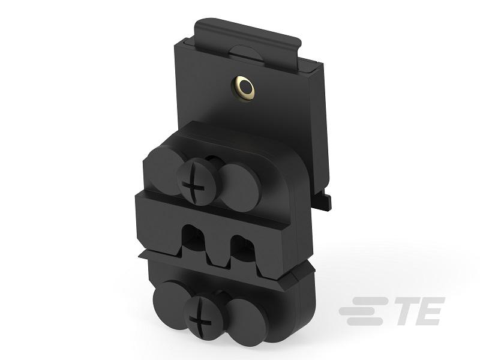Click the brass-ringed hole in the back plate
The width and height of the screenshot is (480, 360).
coord(244,90)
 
